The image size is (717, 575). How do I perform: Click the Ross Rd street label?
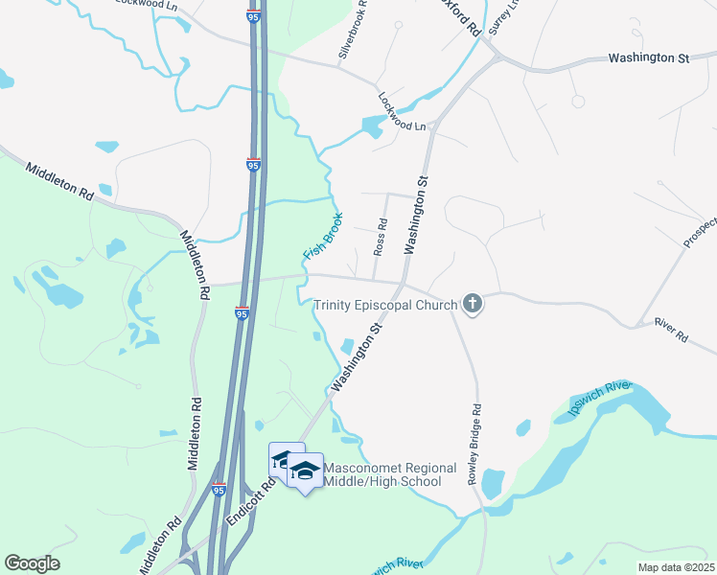pos(381,237)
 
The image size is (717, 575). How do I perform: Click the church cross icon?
pos(472,306)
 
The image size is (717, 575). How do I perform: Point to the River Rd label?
pos(671,332)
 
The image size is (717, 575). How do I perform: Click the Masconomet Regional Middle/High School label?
pos(389,474)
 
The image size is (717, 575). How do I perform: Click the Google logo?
pos(32,563)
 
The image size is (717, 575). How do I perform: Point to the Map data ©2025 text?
pos(676,567)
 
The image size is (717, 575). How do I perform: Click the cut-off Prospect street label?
pos(700,232)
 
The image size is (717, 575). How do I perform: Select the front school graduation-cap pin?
pos(306,471)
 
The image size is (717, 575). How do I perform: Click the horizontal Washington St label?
pos(648,58)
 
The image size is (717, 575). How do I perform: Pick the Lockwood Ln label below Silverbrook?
pos(402,112)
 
